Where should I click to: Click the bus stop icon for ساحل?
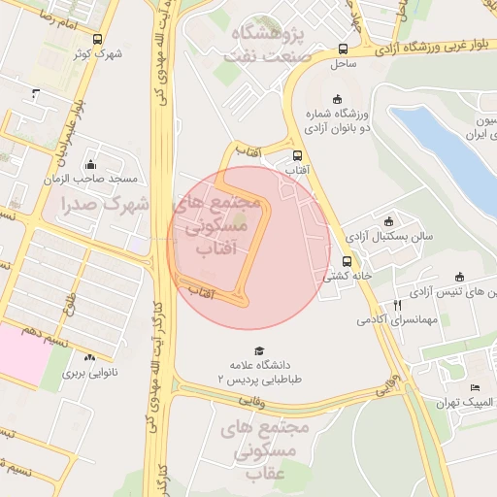tap(343, 49)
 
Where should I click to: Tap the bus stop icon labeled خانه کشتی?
tap(348, 261)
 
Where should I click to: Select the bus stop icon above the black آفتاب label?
tap(296, 155)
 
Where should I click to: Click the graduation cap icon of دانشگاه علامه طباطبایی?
tap(258, 350)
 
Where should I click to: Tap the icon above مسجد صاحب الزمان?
tap(91, 165)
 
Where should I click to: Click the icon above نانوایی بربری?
tap(91, 357)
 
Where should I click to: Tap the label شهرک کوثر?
tap(98, 54)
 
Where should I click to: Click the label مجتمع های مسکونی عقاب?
tap(264, 448)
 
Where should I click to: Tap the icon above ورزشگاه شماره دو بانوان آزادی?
tap(337, 99)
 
